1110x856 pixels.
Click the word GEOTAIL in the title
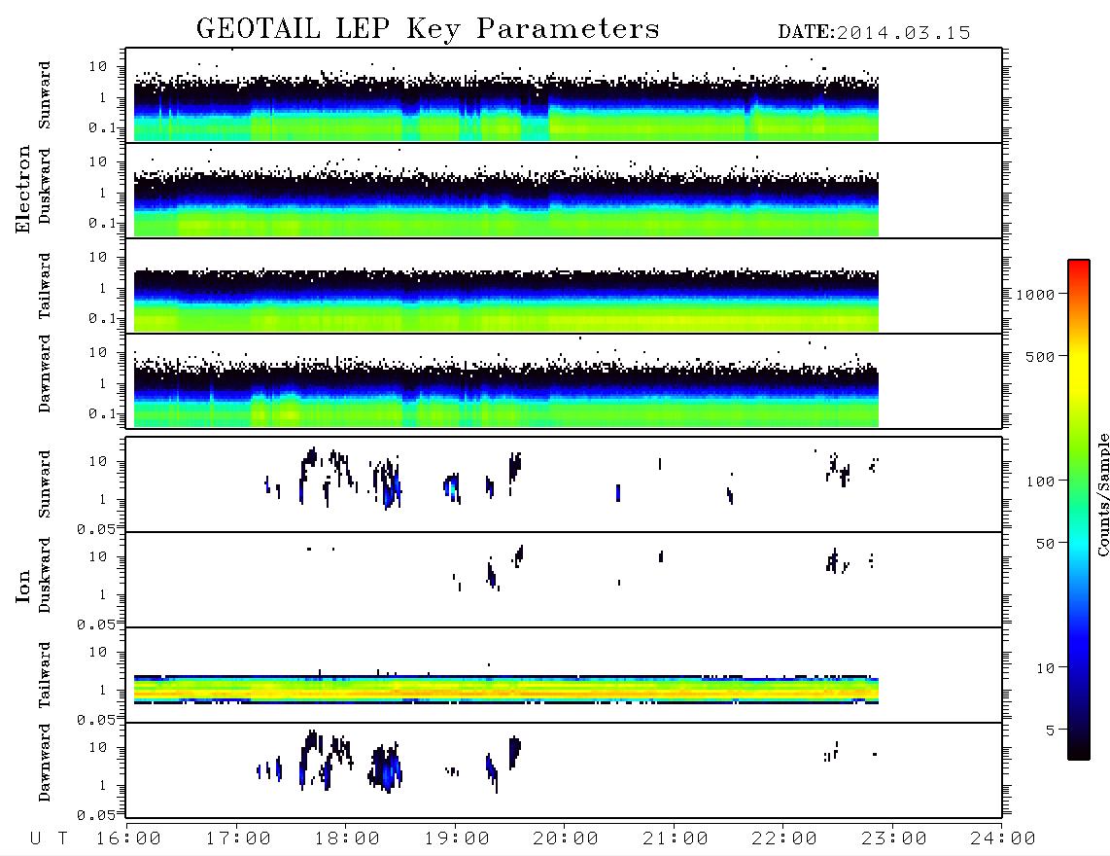pos(259,29)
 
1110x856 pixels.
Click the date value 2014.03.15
pos(903,33)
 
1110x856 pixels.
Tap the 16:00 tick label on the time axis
pos(128,839)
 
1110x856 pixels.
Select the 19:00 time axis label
pos(457,839)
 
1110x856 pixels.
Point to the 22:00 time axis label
pos(784,839)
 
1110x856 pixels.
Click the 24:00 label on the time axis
pos(1003,839)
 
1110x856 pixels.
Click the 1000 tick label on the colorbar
pos(1036,295)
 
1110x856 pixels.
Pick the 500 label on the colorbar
pos(1041,356)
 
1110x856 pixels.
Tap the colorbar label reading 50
pos(1046,544)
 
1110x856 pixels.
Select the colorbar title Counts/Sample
pos(1103,494)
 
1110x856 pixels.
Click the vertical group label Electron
pos(23,190)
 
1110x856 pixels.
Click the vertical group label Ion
pos(23,587)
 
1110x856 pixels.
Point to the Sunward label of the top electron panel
pos(45,95)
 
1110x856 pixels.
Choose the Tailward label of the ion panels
pos(45,675)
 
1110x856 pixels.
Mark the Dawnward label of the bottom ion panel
pos(45,763)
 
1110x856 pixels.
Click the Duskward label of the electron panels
pos(45,187)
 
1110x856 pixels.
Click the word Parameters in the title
pos(568,29)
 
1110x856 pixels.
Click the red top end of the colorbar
pos(1078,263)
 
